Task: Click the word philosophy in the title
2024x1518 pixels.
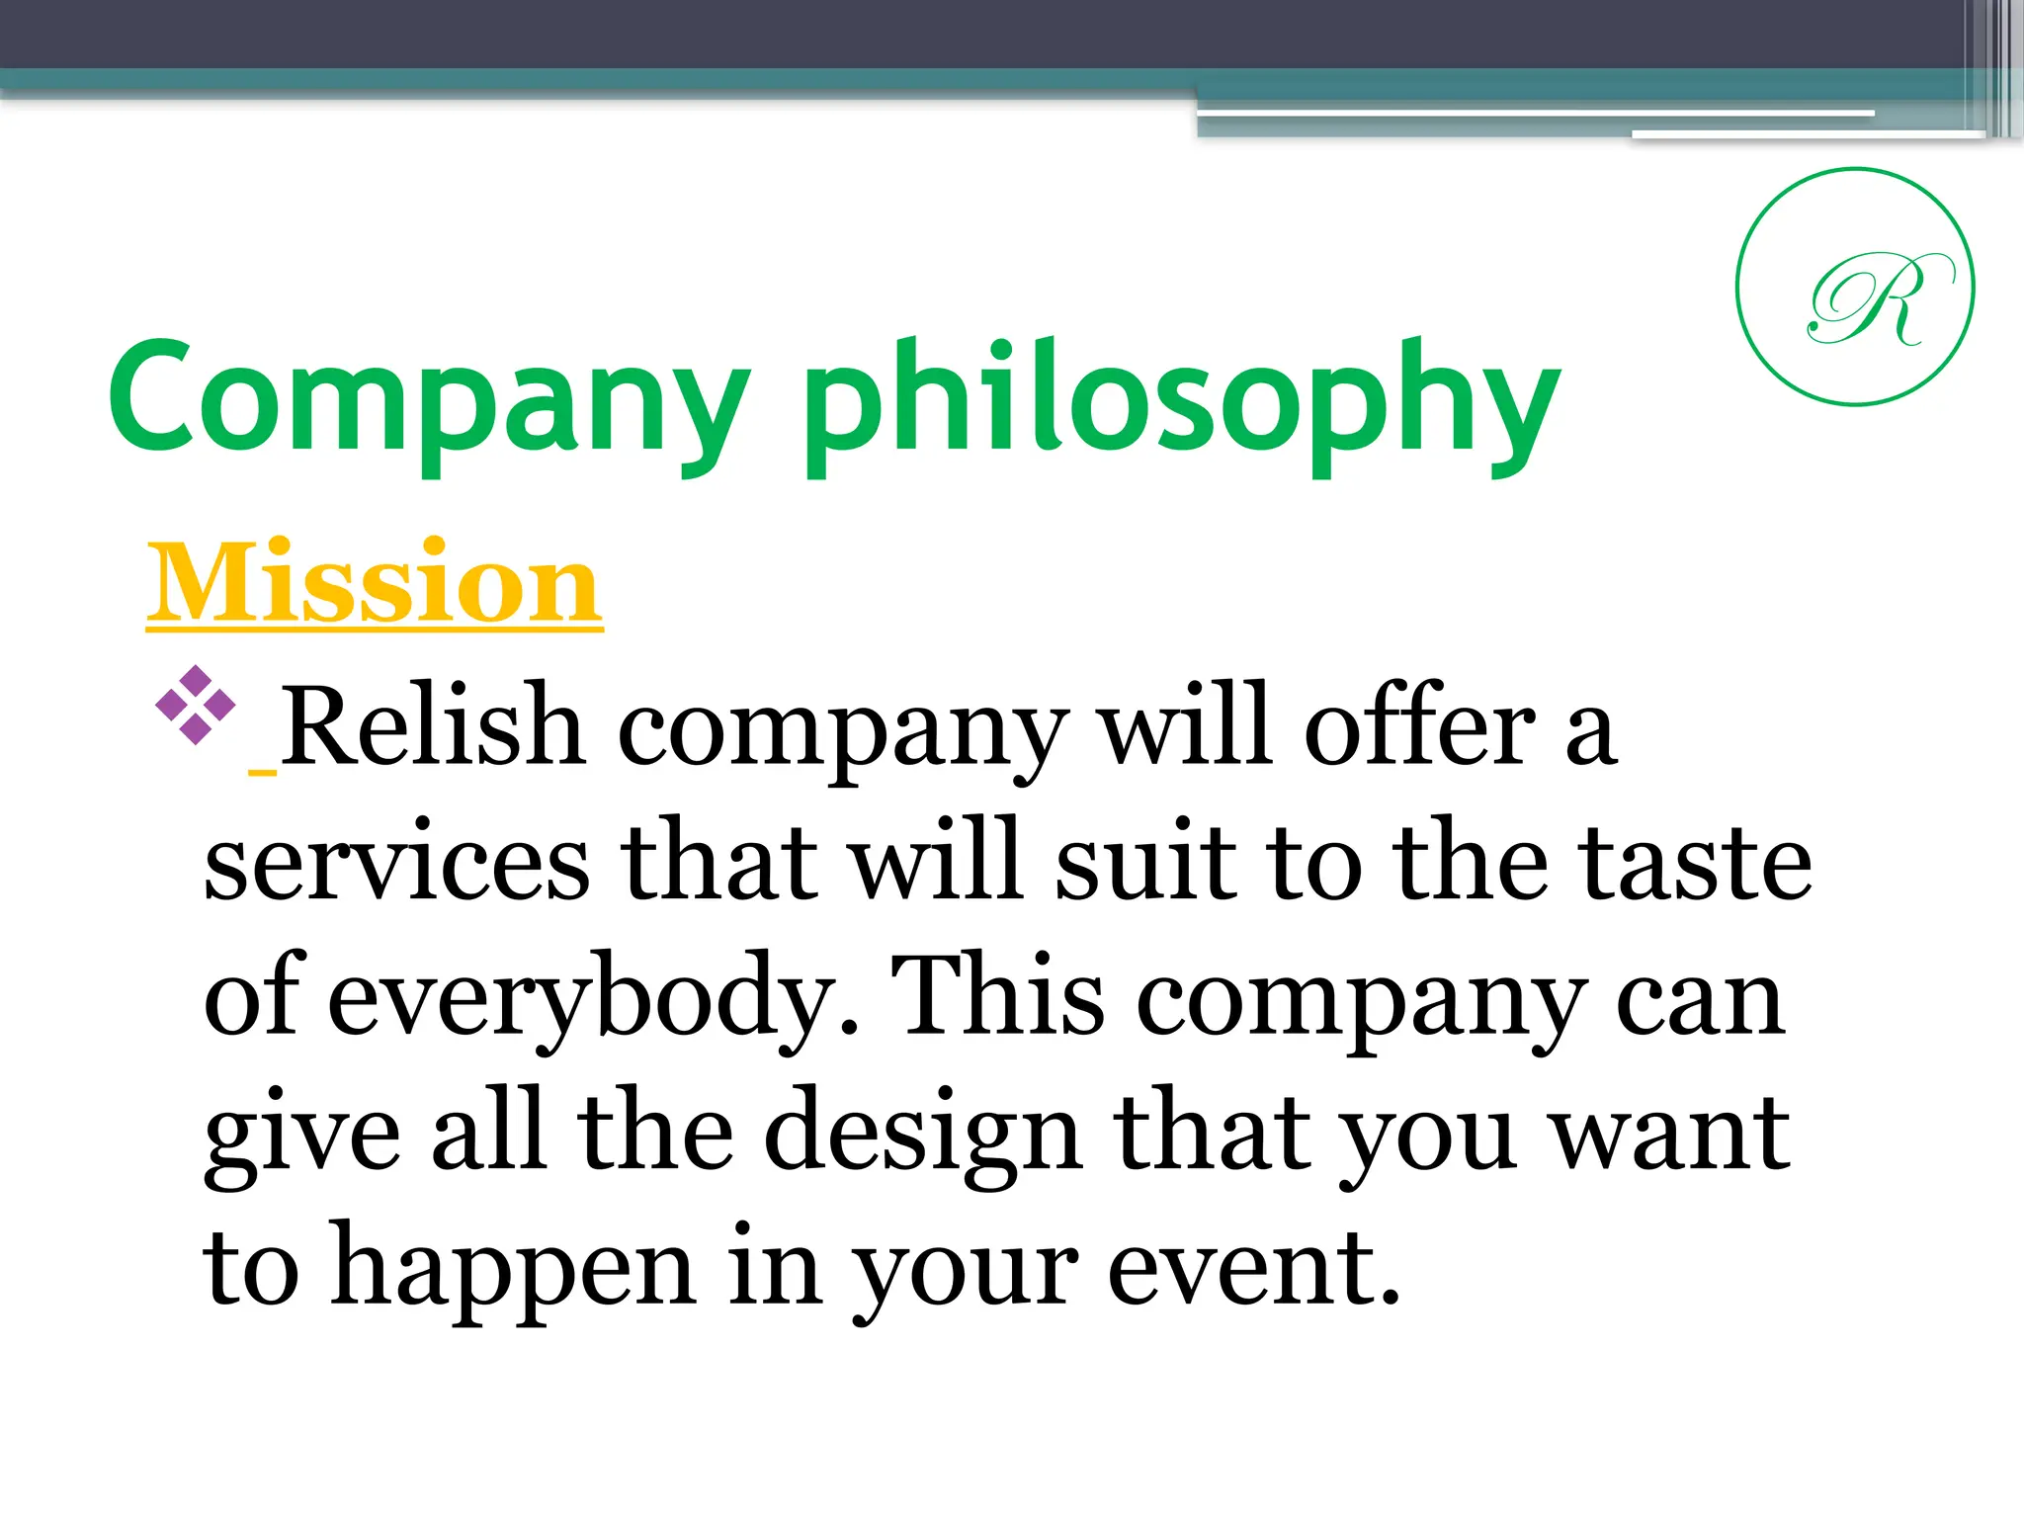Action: (1181, 405)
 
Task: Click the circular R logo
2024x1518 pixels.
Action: (1855, 287)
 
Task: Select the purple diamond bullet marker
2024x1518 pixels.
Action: (196, 705)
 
